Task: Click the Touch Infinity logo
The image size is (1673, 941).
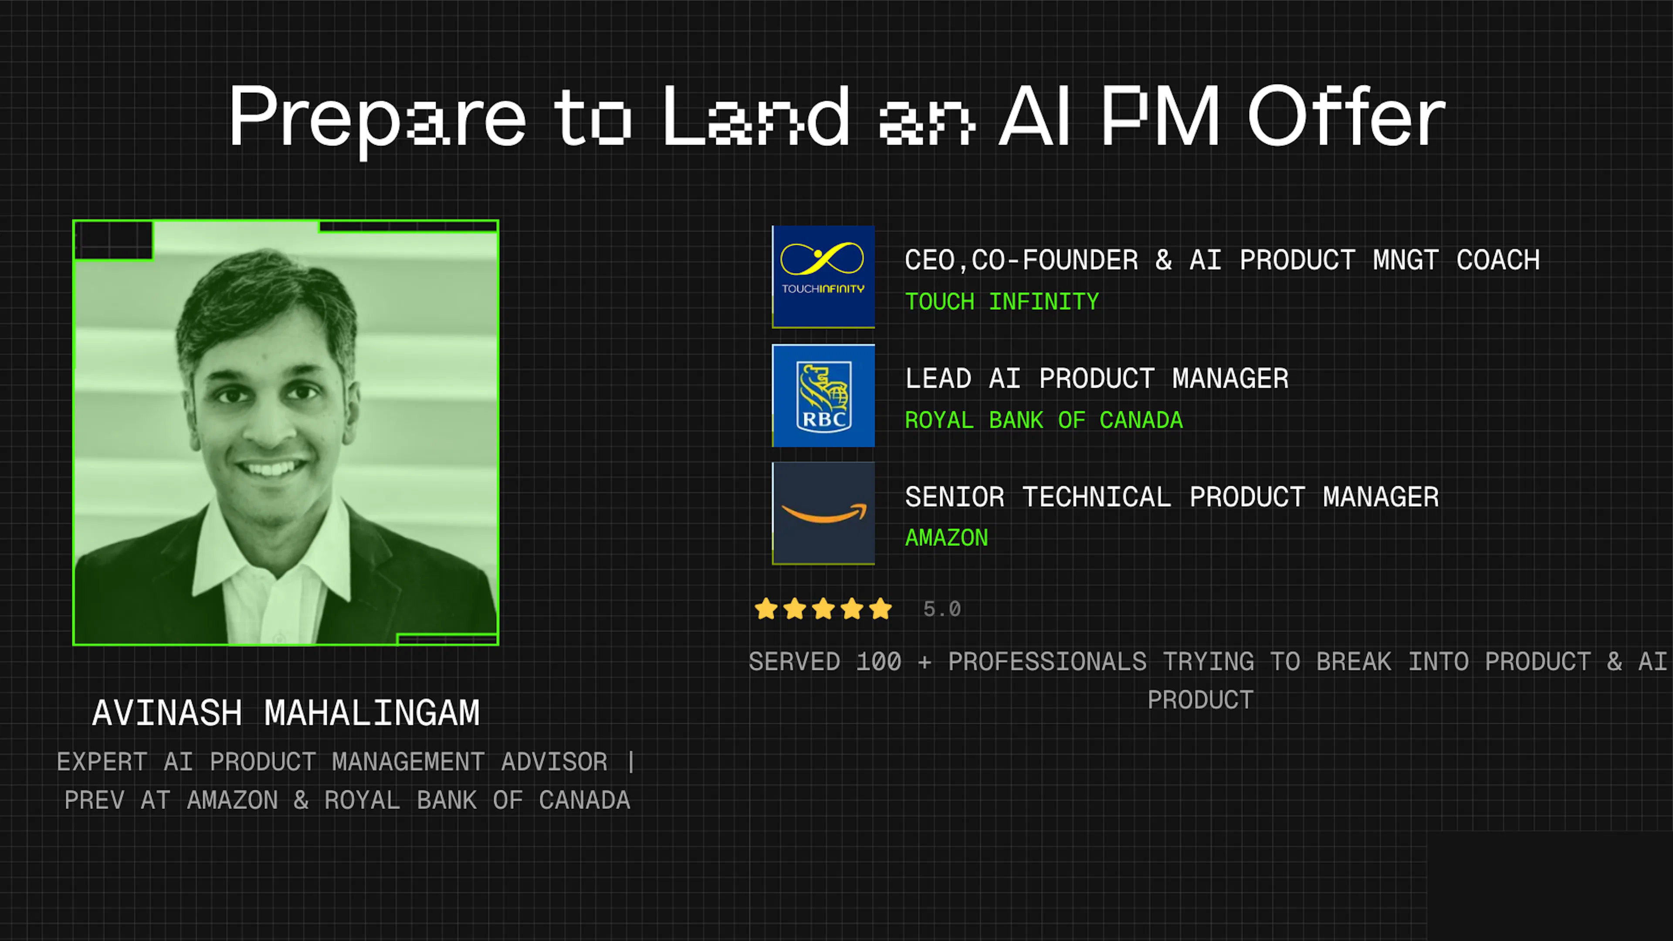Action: [x=823, y=276]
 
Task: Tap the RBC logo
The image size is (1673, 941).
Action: [x=823, y=396]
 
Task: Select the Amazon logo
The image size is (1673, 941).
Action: [x=823, y=513]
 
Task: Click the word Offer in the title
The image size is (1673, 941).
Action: [x=1346, y=117]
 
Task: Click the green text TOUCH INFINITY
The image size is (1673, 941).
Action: [x=1002, y=302]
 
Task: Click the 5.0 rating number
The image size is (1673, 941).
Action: [x=941, y=609]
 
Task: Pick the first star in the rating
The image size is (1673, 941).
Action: [x=766, y=609]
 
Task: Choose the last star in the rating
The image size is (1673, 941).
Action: [x=881, y=609]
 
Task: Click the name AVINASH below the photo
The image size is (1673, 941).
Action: [x=167, y=713]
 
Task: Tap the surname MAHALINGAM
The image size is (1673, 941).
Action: [x=372, y=713]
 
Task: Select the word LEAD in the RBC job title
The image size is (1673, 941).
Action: [x=938, y=379]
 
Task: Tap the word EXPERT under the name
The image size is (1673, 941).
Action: [x=102, y=762]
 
